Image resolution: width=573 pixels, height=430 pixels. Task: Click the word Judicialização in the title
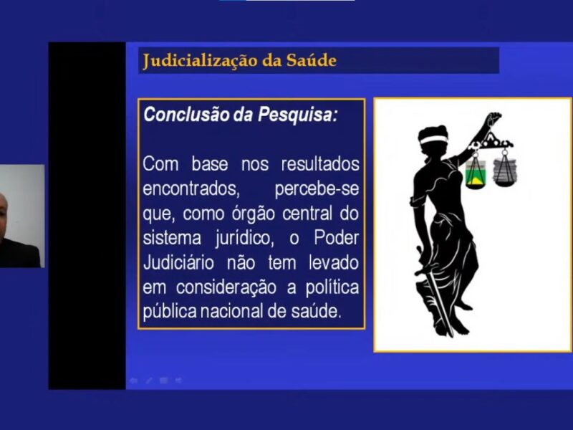tap(201, 61)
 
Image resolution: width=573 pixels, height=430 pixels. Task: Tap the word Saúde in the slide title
tap(312, 60)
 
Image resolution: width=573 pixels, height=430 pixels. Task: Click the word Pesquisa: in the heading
tap(298, 115)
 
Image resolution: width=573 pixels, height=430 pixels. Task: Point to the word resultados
tap(320, 164)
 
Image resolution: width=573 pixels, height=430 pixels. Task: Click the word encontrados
tap(191, 188)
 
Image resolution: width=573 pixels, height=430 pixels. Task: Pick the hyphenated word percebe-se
tap(317, 189)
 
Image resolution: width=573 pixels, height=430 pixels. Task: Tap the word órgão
tap(253, 214)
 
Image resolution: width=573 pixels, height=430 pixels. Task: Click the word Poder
tap(336, 238)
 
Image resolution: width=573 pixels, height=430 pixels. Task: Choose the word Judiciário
tap(178, 263)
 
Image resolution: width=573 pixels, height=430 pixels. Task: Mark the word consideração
tap(226, 288)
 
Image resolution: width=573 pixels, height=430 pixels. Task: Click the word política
tap(332, 288)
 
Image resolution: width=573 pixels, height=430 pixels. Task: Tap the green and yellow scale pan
tap(476, 175)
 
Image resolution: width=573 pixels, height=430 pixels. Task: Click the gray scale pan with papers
tap(505, 173)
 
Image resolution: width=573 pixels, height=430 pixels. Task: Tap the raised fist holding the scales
tap(493, 119)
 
